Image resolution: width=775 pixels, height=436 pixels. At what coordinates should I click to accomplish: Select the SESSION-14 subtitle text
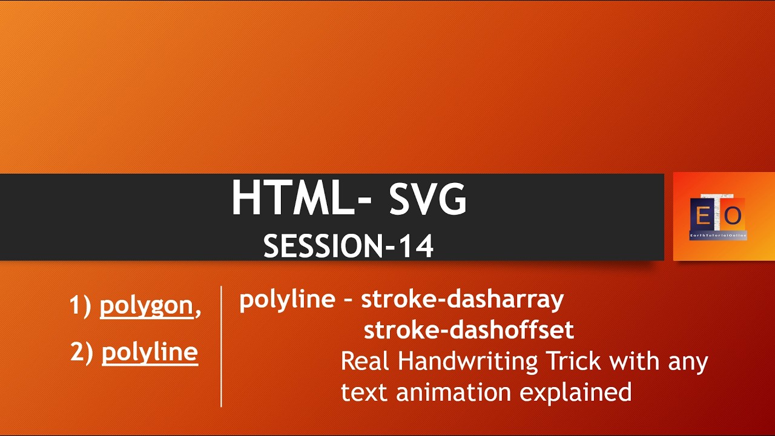pyautogui.click(x=349, y=246)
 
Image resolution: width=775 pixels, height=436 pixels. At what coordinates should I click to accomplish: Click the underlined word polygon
pyautogui.click(x=146, y=306)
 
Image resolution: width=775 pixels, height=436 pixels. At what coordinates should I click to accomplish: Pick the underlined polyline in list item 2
pyautogui.click(x=150, y=352)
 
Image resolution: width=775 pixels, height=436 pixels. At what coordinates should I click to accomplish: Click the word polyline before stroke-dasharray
pyautogui.click(x=287, y=299)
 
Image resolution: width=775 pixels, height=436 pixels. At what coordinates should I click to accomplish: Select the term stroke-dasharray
pyautogui.click(x=463, y=299)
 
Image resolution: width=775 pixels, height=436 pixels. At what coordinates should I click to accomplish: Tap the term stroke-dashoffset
pyautogui.click(x=469, y=330)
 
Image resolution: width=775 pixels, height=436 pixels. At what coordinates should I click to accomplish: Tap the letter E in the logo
pyautogui.click(x=703, y=215)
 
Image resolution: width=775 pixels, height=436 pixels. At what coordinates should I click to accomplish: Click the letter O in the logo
pyautogui.click(x=733, y=215)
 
